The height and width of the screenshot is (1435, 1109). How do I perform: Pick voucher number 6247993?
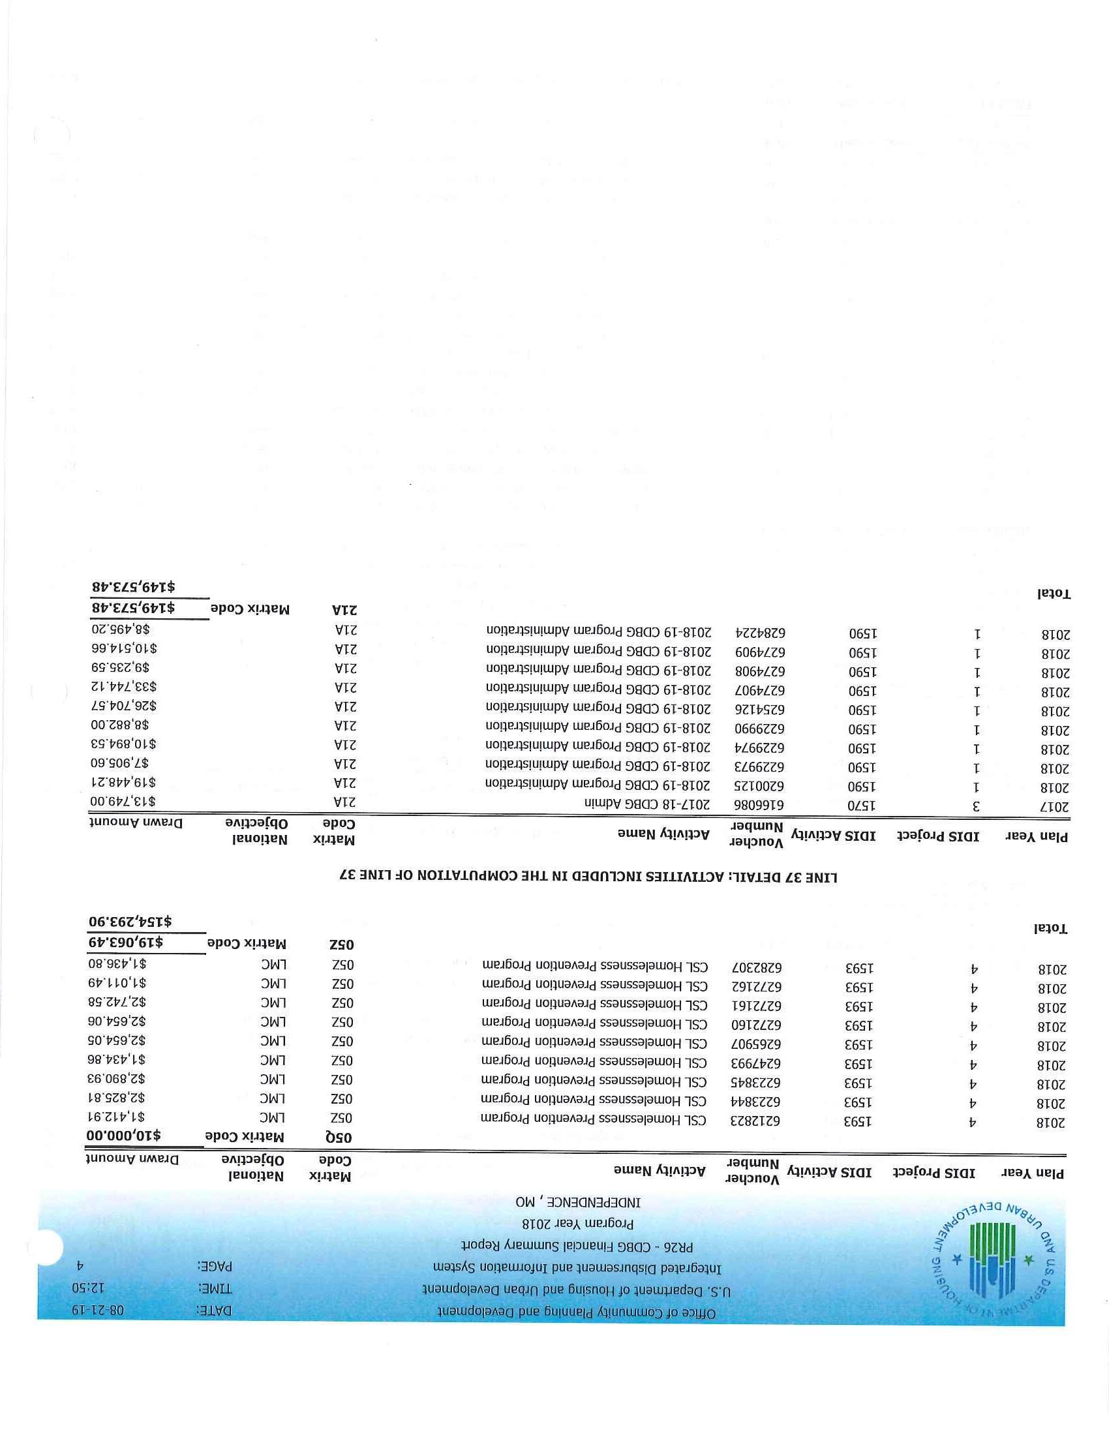753,1062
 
